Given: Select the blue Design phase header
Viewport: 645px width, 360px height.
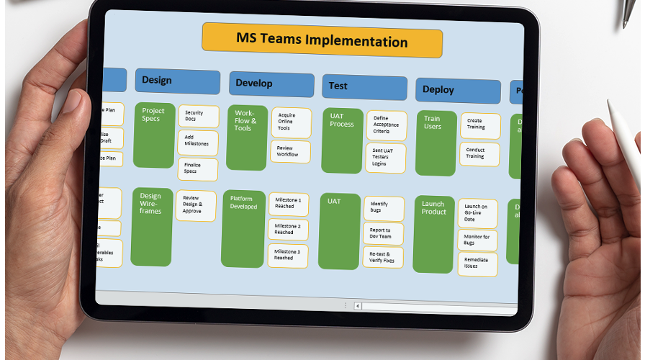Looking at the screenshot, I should (x=177, y=81).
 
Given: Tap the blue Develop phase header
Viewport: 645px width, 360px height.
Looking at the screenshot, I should (x=271, y=84).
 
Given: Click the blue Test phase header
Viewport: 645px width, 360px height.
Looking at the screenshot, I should (x=364, y=87).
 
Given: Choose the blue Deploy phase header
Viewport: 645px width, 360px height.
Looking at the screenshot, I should (x=457, y=91).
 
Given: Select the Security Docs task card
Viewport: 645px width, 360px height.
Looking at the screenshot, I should (x=198, y=116).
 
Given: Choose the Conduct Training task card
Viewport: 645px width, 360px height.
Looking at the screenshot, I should (x=479, y=153).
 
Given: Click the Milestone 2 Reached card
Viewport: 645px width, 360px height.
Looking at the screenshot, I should (x=289, y=230).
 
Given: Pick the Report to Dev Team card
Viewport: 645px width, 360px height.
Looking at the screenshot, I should (x=383, y=233).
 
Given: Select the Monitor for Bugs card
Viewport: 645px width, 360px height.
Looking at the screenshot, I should (x=477, y=240).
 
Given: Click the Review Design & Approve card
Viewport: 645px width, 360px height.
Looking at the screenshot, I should (x=196, y=205).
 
